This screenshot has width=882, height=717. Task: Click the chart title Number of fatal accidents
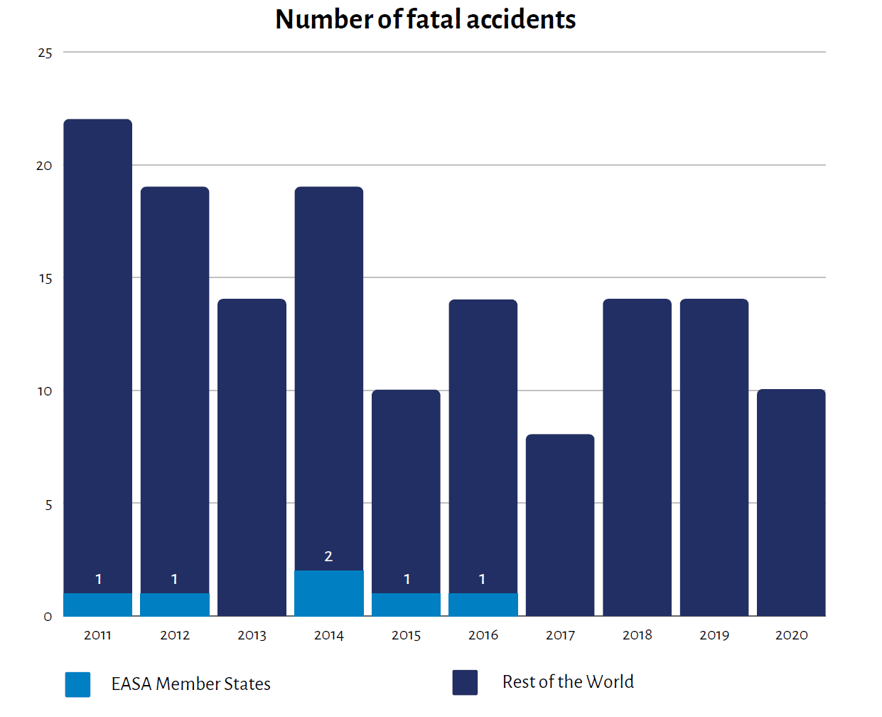425,19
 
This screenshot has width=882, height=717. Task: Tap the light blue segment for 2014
329,593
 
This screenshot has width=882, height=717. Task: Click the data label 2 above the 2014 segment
328,556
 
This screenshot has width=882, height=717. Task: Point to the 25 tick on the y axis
45,53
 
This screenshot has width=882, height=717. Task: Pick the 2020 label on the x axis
791,635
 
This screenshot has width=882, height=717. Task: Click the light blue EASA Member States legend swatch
77,684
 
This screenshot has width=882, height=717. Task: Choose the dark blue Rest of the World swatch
465,682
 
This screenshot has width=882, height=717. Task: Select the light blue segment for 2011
98,605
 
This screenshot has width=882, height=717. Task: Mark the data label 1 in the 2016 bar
482,579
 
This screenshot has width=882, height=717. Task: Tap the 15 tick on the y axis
45,279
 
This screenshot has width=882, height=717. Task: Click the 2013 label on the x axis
252,635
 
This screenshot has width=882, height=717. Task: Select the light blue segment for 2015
406,605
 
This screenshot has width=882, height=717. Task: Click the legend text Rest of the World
568,682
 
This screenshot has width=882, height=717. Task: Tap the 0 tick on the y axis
48,617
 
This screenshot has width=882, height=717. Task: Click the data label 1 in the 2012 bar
174,579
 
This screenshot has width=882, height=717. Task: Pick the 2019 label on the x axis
714,635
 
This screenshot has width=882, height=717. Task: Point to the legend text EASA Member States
190,684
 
